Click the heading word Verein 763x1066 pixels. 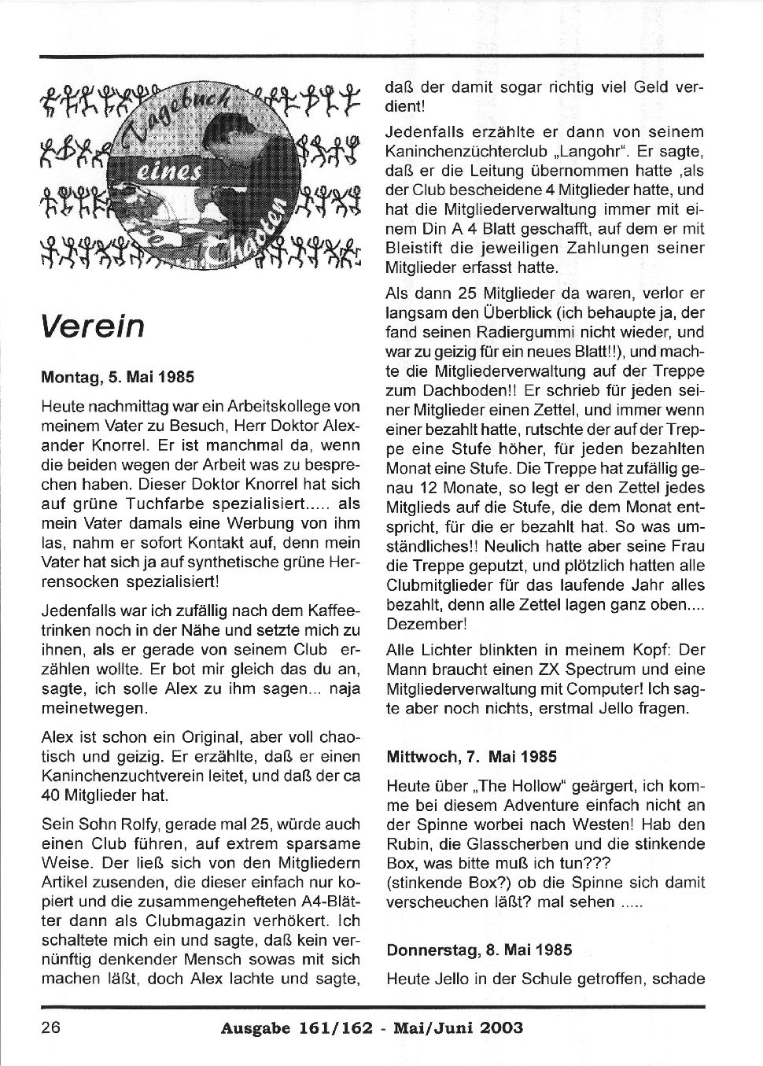93,325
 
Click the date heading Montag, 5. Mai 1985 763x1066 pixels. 117,377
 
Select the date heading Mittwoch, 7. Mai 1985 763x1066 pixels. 471,757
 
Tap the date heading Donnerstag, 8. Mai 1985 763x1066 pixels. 479,950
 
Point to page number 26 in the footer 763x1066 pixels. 51,1027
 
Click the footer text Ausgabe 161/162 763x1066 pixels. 291,1028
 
